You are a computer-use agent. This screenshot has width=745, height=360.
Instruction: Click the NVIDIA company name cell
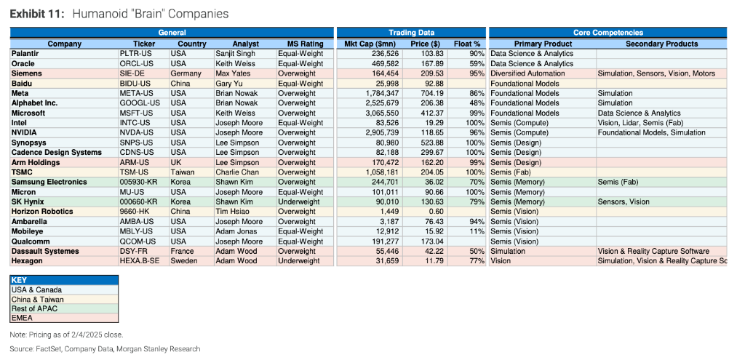(x=25, y=132)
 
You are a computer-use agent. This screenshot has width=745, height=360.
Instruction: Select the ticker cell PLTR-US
(x=136, y=54)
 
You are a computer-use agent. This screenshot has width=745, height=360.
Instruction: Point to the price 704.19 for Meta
(x=429, y=93)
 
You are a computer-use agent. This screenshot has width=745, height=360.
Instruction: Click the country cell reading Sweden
(x=183, y=261)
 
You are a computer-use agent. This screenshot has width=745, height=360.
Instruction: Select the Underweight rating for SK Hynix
(x=298, y=201)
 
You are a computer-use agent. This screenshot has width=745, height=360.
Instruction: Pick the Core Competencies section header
(x=607, y=33)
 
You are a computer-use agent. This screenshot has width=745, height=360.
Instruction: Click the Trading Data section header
(x=411, y=33)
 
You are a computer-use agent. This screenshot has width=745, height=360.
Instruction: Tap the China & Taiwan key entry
(x=37, y=299)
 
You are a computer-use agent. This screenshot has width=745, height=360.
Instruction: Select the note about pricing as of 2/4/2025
(x=66, y=335)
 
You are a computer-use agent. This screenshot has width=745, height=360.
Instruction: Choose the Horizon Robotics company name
(x=42, y=212)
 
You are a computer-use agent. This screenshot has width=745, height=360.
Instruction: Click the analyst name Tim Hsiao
(x=231, y=212)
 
